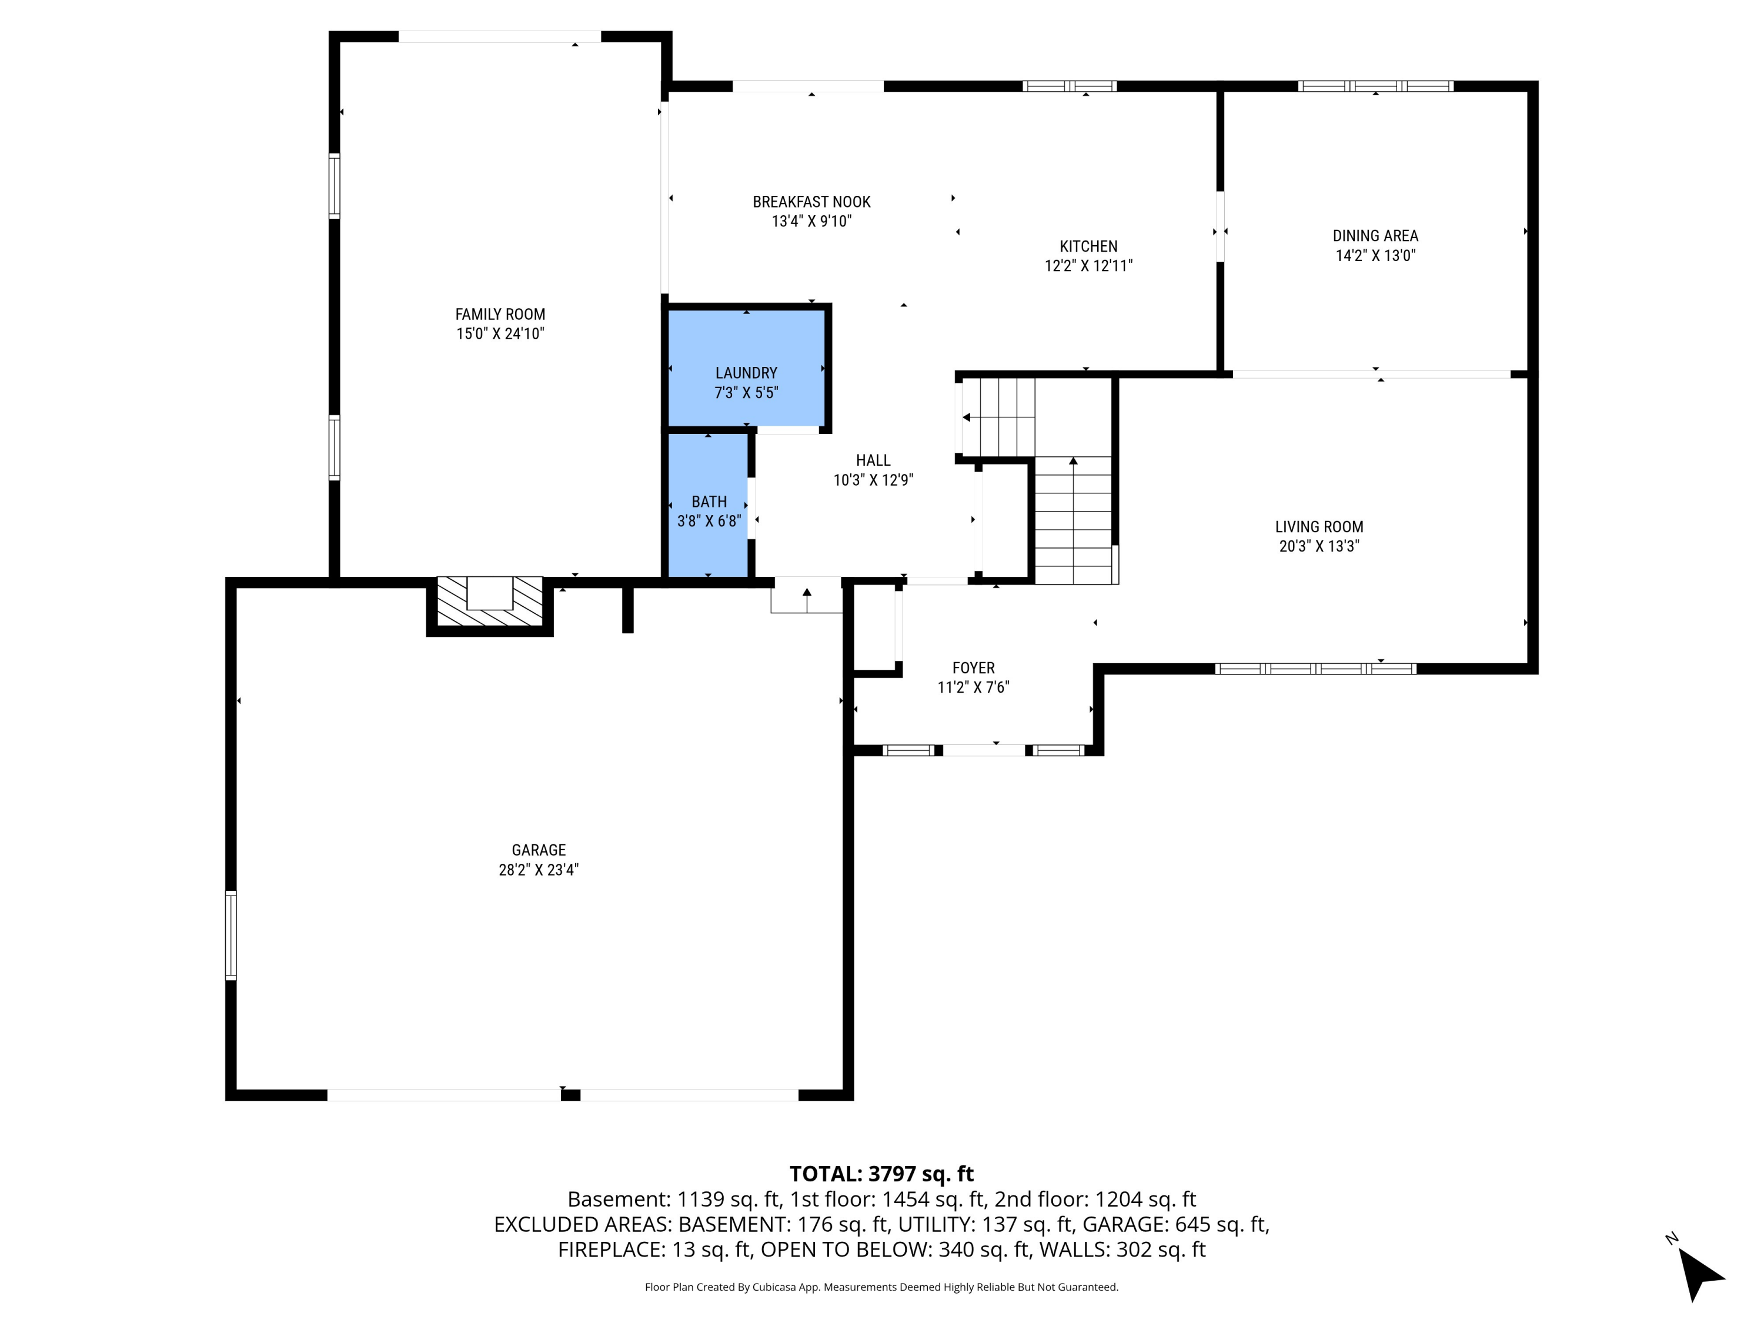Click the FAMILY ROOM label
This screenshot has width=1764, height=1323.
click(500, 314)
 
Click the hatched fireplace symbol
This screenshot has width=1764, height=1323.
click(490, 602)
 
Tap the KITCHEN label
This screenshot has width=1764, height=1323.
click(1088, 246)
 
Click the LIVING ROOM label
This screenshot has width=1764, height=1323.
click(1318, 526)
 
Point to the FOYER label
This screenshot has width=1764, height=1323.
click(973, 667)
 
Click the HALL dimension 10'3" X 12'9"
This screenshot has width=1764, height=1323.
click(873, 480)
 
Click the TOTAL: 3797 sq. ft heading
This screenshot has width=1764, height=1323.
click(881, 1174)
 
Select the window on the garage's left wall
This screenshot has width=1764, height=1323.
click(230, 935)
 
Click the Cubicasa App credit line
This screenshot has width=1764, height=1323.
click(881, 1287)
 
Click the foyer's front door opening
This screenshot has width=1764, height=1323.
click(984, 750)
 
